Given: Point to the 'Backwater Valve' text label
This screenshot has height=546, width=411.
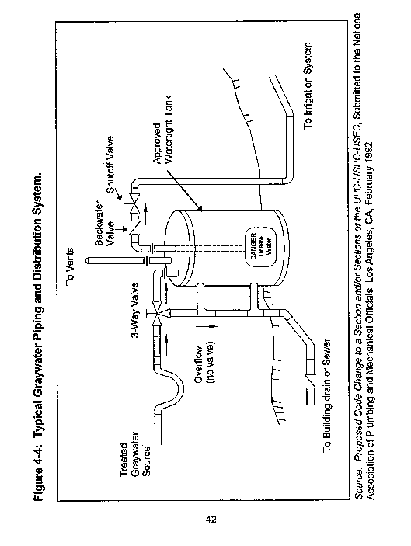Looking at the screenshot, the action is pyautogui.click(x=105, y=222).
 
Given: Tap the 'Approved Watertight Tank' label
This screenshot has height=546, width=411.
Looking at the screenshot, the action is pyautogui.click(x=162, y=129).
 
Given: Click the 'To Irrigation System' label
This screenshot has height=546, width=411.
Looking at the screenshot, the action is pyautogui.click(x=308, y=85).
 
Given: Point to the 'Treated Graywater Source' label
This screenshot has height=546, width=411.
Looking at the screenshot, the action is pyautogui.click(x=134, y=455).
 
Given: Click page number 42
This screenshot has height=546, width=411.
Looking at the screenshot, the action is pyautogui.click(x=211, y=520).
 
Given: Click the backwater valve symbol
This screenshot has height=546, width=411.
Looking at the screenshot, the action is pyautogui.click(x=133, y=229).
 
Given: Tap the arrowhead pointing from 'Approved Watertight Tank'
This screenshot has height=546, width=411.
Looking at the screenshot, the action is pyautogui.click(x=199, y=209).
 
